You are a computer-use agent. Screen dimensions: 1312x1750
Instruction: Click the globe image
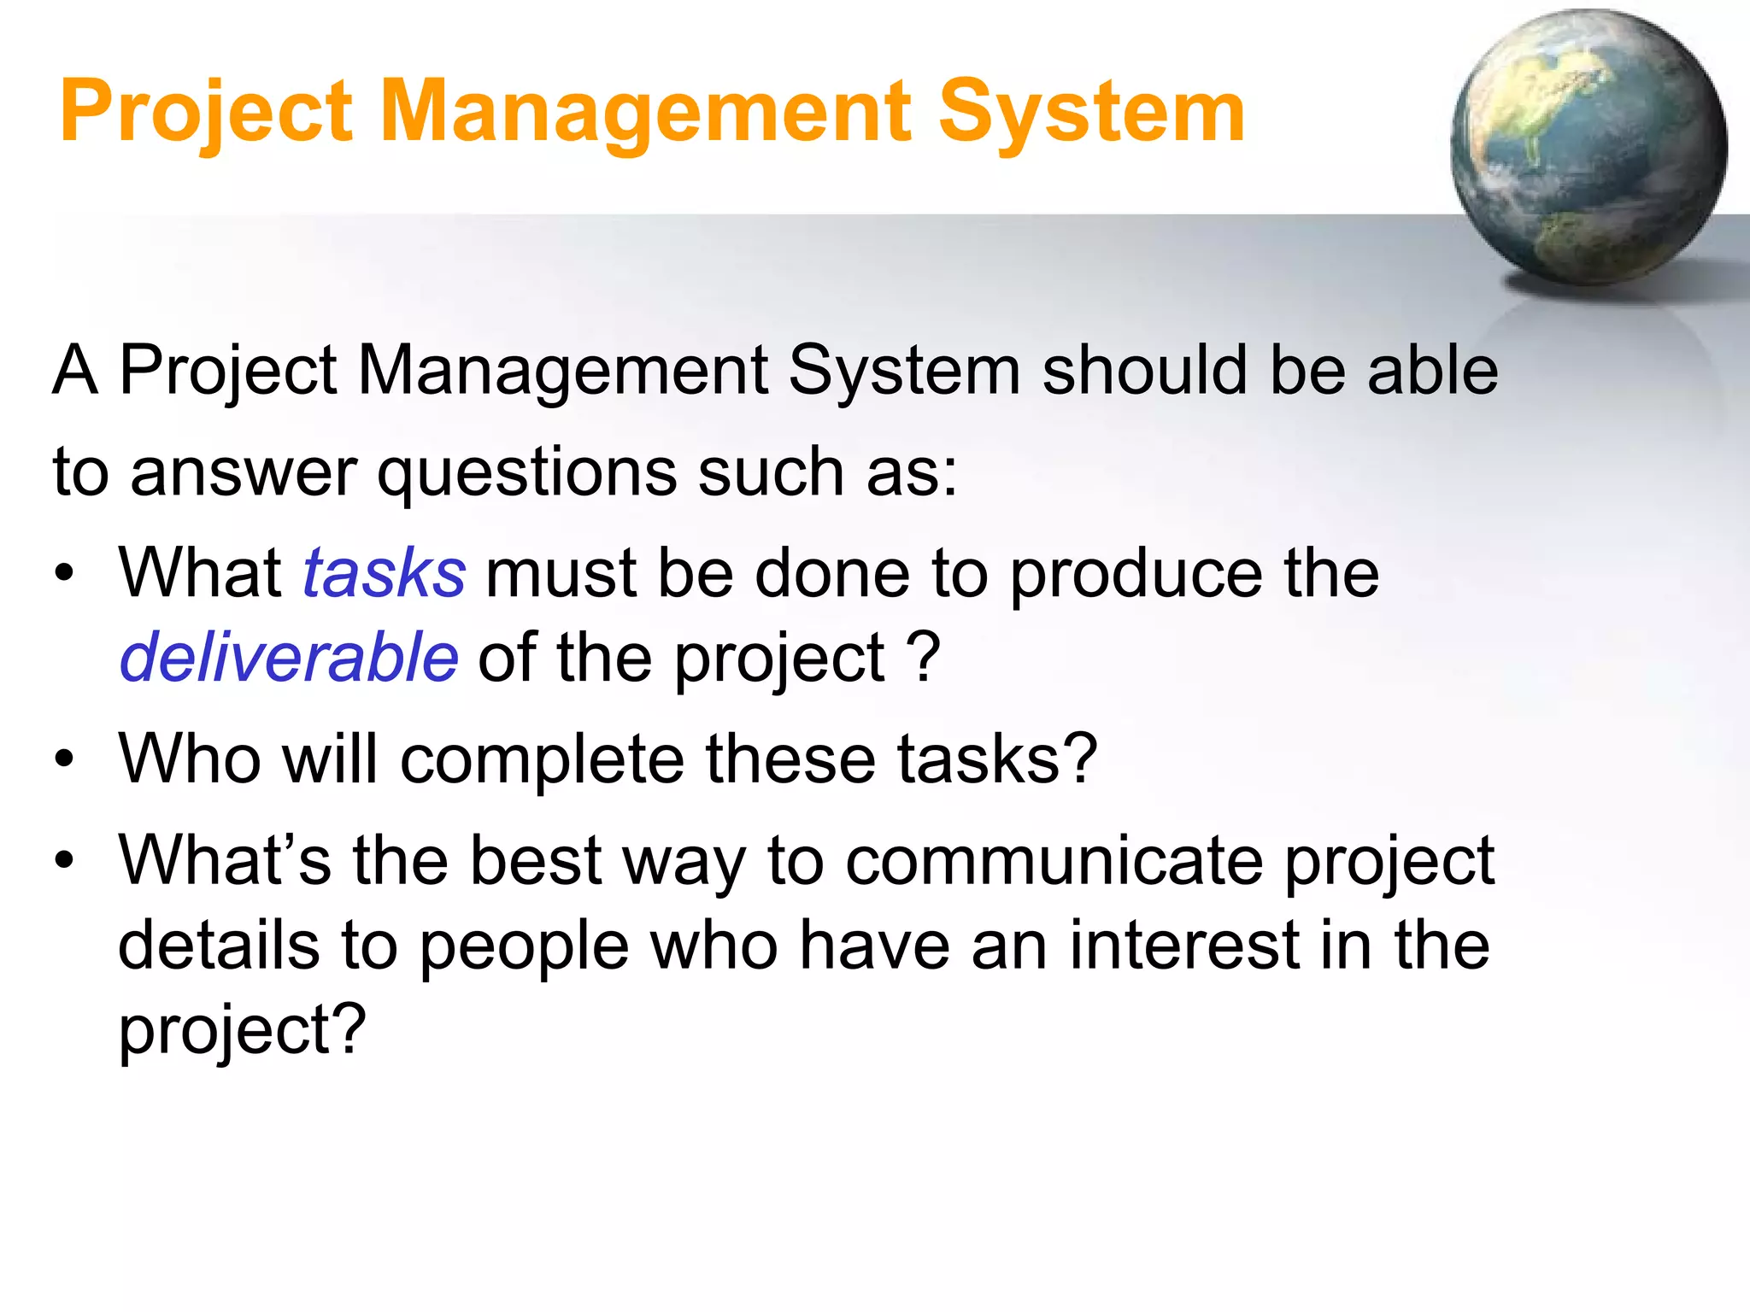1588,147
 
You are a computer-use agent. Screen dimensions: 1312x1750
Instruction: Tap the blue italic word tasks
385,573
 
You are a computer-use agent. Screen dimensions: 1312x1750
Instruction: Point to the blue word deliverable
289,658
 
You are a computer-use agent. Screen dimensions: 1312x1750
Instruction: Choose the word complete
542,758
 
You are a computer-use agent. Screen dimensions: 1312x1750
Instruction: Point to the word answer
244,472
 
